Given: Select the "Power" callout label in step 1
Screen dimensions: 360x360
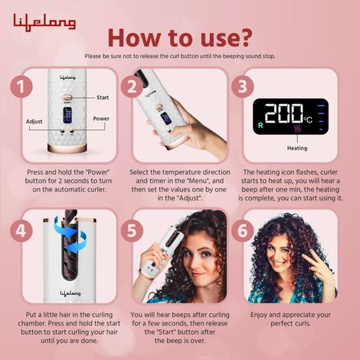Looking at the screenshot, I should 101,119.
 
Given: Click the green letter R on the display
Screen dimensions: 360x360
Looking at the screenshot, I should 261,123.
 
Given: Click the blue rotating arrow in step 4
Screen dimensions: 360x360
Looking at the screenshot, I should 46,249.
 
